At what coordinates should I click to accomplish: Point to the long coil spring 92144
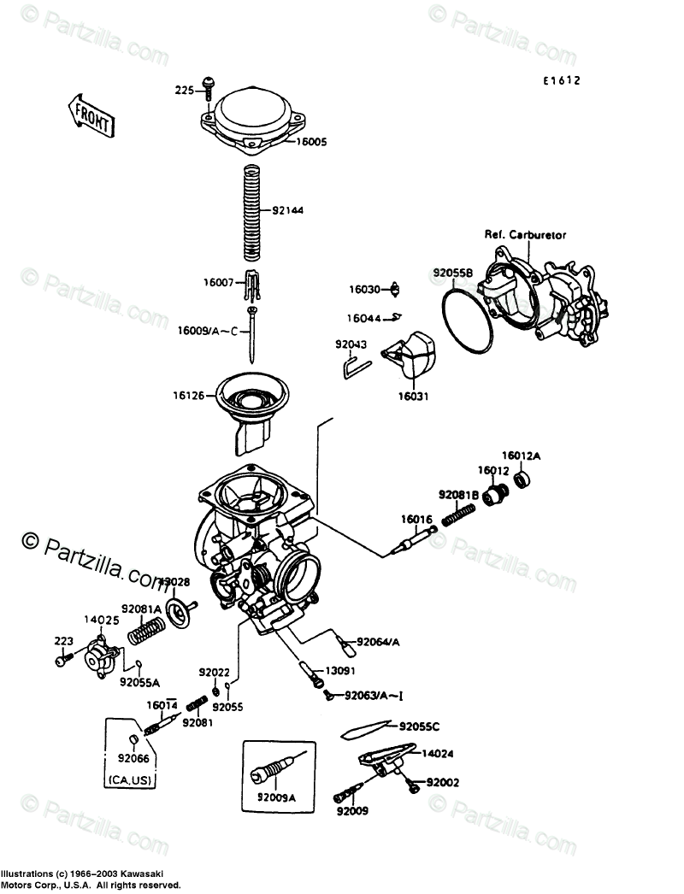point(251,212)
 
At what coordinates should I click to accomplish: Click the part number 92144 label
point(288,210)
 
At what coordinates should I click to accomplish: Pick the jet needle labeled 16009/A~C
point(252,333)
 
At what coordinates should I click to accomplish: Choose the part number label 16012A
point(522,456)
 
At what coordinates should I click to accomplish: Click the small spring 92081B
point(463,514)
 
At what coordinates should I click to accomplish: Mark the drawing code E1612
point(560,82)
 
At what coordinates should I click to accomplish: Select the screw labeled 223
point(61,661)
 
